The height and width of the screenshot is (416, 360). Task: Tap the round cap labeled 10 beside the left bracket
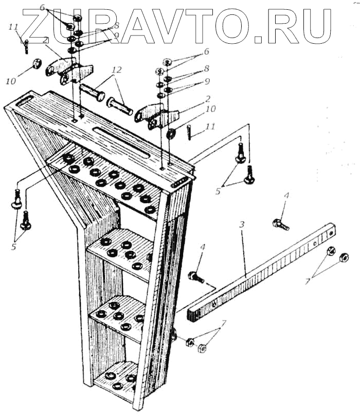pos(38,64)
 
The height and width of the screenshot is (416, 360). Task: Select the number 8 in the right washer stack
pos(207,68)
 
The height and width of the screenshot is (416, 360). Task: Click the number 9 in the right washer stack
pos(207,81)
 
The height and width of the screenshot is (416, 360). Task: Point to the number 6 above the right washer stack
pos(207,52)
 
